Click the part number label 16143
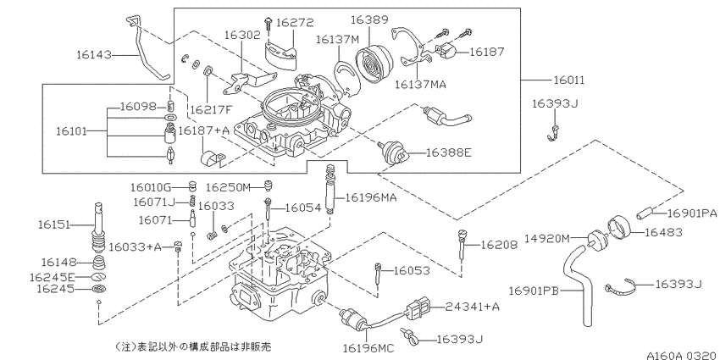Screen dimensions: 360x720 coord(94,54)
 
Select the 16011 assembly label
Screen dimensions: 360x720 coord(570,80)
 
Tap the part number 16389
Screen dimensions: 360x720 coord(367,19)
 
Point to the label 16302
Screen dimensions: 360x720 coord(241,36)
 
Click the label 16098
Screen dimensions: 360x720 coord(137,107)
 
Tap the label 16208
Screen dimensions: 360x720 coord(499,245)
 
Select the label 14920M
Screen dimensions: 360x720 coord(547,237)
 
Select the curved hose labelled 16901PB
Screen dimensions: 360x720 coord(584,284)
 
